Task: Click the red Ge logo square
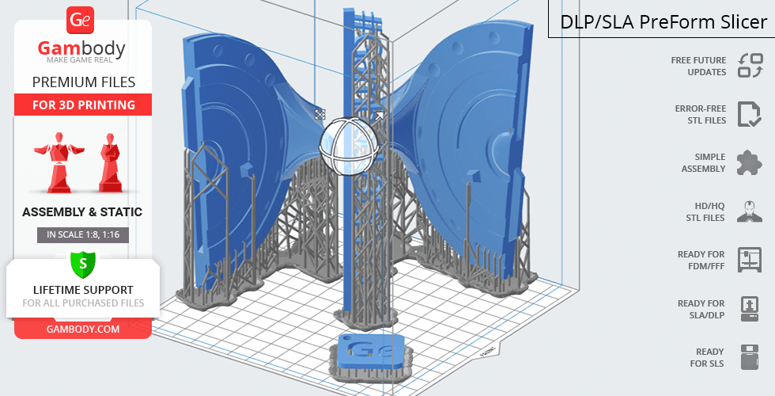point(80,21)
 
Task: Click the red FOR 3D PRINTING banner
point(83,105)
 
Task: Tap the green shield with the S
point(83,264)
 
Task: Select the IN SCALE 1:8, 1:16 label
point(83,234)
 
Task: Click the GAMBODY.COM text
point(83,329)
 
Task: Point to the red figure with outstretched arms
point(59,162)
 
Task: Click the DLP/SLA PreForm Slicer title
point(663,22)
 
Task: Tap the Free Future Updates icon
point(750,66)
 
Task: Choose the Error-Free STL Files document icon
point(750,114)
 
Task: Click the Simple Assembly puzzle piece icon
point(750,162)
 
